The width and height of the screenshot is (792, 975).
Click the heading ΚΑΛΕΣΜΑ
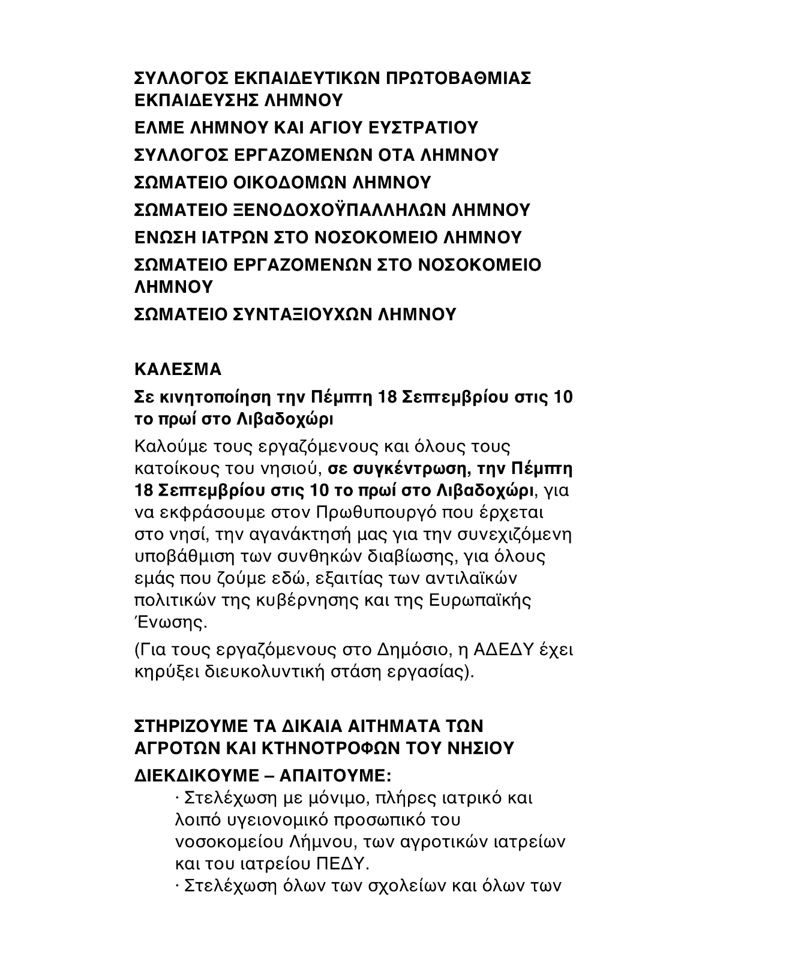tap(178, 369)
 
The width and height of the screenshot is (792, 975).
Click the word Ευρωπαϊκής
tap(481, 601)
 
